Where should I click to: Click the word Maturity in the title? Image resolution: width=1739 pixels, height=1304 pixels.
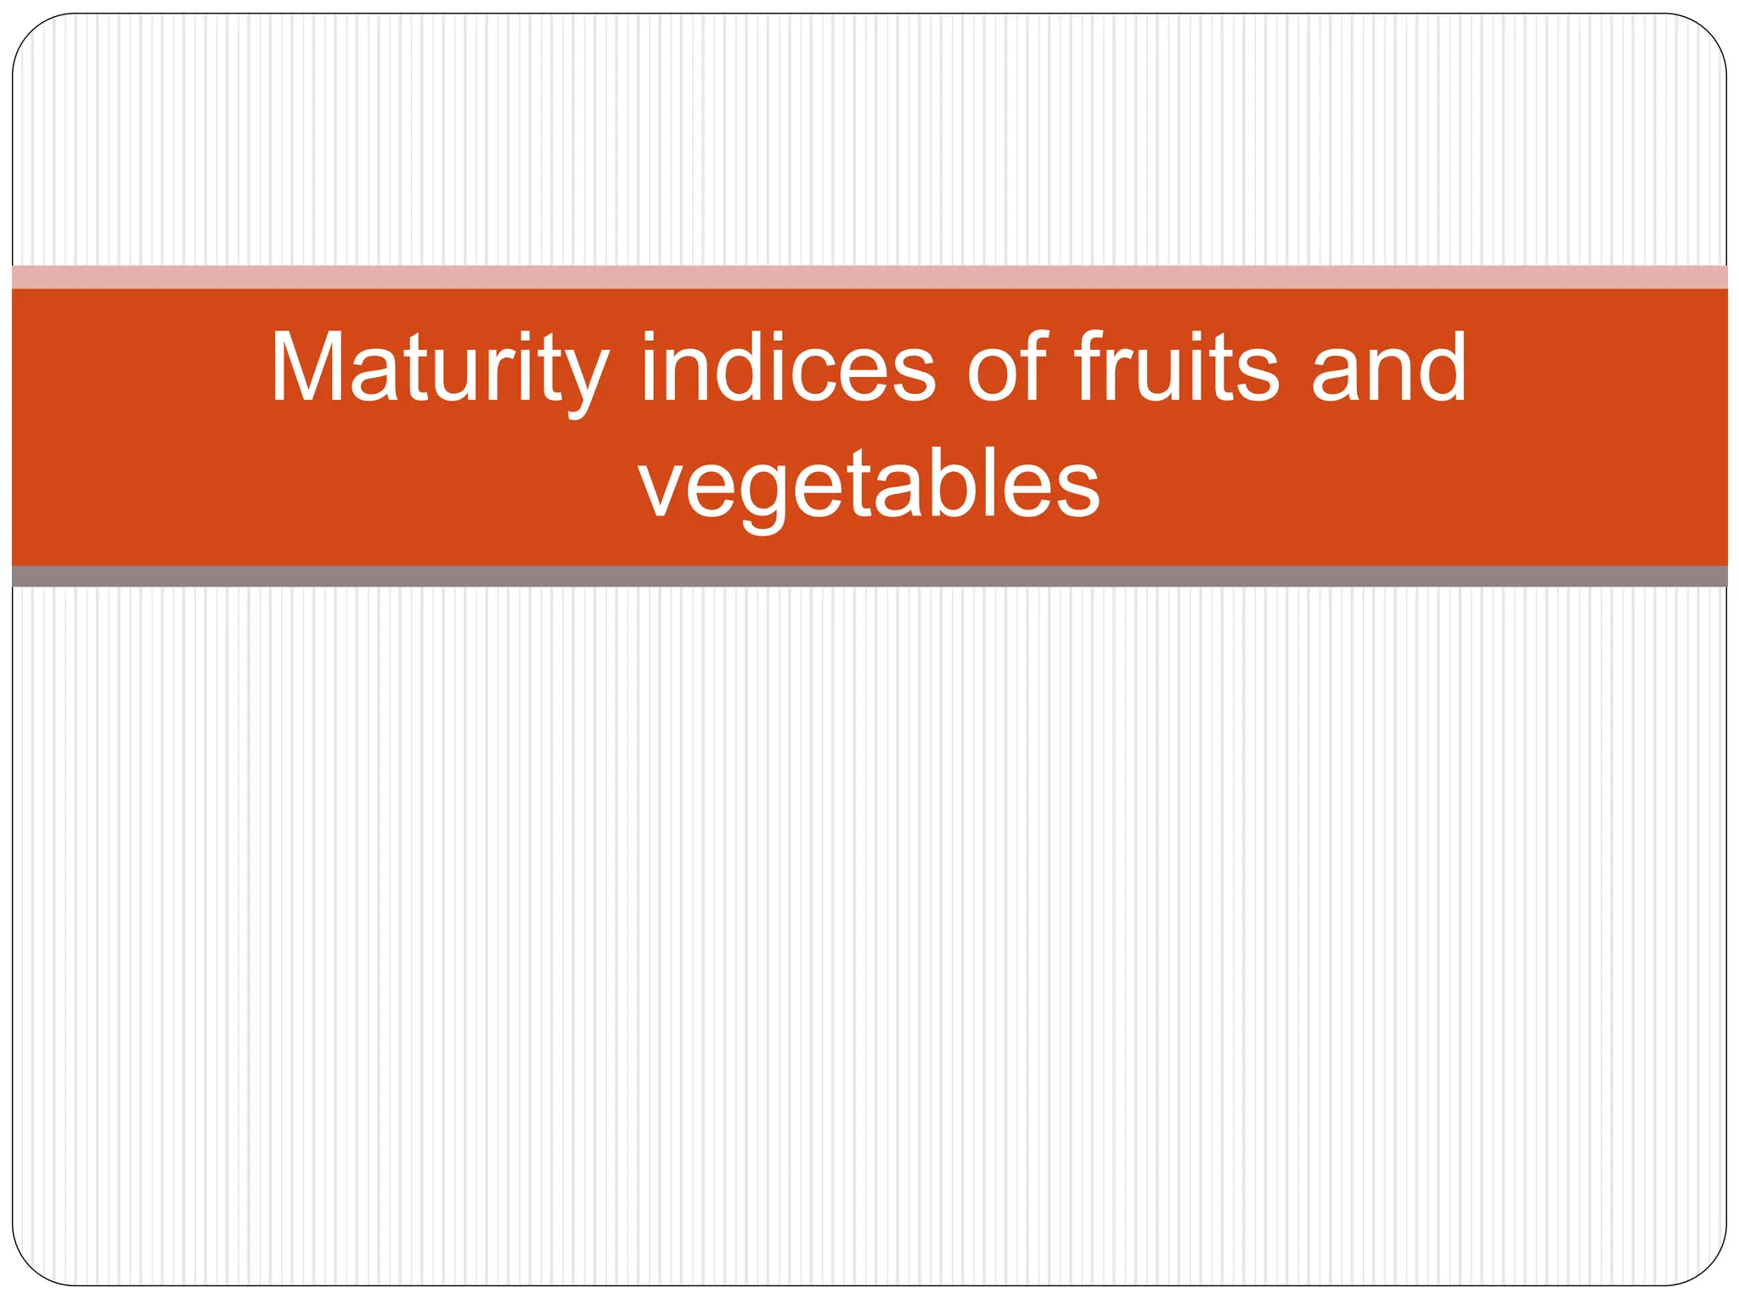(x=439, y=369)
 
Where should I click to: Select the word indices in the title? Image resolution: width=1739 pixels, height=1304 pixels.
(x=788, y=369)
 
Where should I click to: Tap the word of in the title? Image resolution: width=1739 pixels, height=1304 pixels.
(x=1008, y=369)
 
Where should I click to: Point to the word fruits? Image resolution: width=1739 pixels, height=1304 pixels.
(x=1176, y=369)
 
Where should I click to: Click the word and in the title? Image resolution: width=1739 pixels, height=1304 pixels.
(x=1389, y=369)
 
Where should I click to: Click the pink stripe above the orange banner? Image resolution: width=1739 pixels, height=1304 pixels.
(x=869, y=277)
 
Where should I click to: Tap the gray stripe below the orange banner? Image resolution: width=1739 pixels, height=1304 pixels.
(x=869, y=576)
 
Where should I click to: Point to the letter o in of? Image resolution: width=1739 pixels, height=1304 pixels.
(x=992, y=378)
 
